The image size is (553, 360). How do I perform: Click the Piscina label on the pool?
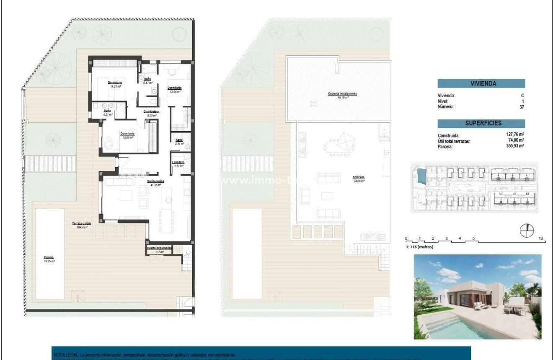(49, 258)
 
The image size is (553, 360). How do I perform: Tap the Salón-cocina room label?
(155, 181)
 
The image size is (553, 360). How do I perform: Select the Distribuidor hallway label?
(152, 111)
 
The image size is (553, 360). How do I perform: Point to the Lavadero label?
(178, 162)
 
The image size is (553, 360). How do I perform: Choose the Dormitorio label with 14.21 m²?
(114, 83)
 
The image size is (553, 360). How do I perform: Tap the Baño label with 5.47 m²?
(147, 79)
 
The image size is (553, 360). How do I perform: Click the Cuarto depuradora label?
(160, 248)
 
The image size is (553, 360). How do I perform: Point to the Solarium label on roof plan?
(358, 177)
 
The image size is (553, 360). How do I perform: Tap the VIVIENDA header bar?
(481, 83)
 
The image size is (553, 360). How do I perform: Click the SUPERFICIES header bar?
(481, 123)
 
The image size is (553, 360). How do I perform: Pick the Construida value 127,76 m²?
(515, 135)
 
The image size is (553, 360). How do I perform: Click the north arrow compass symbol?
(527, 230)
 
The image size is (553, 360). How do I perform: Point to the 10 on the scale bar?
(541, 238)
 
